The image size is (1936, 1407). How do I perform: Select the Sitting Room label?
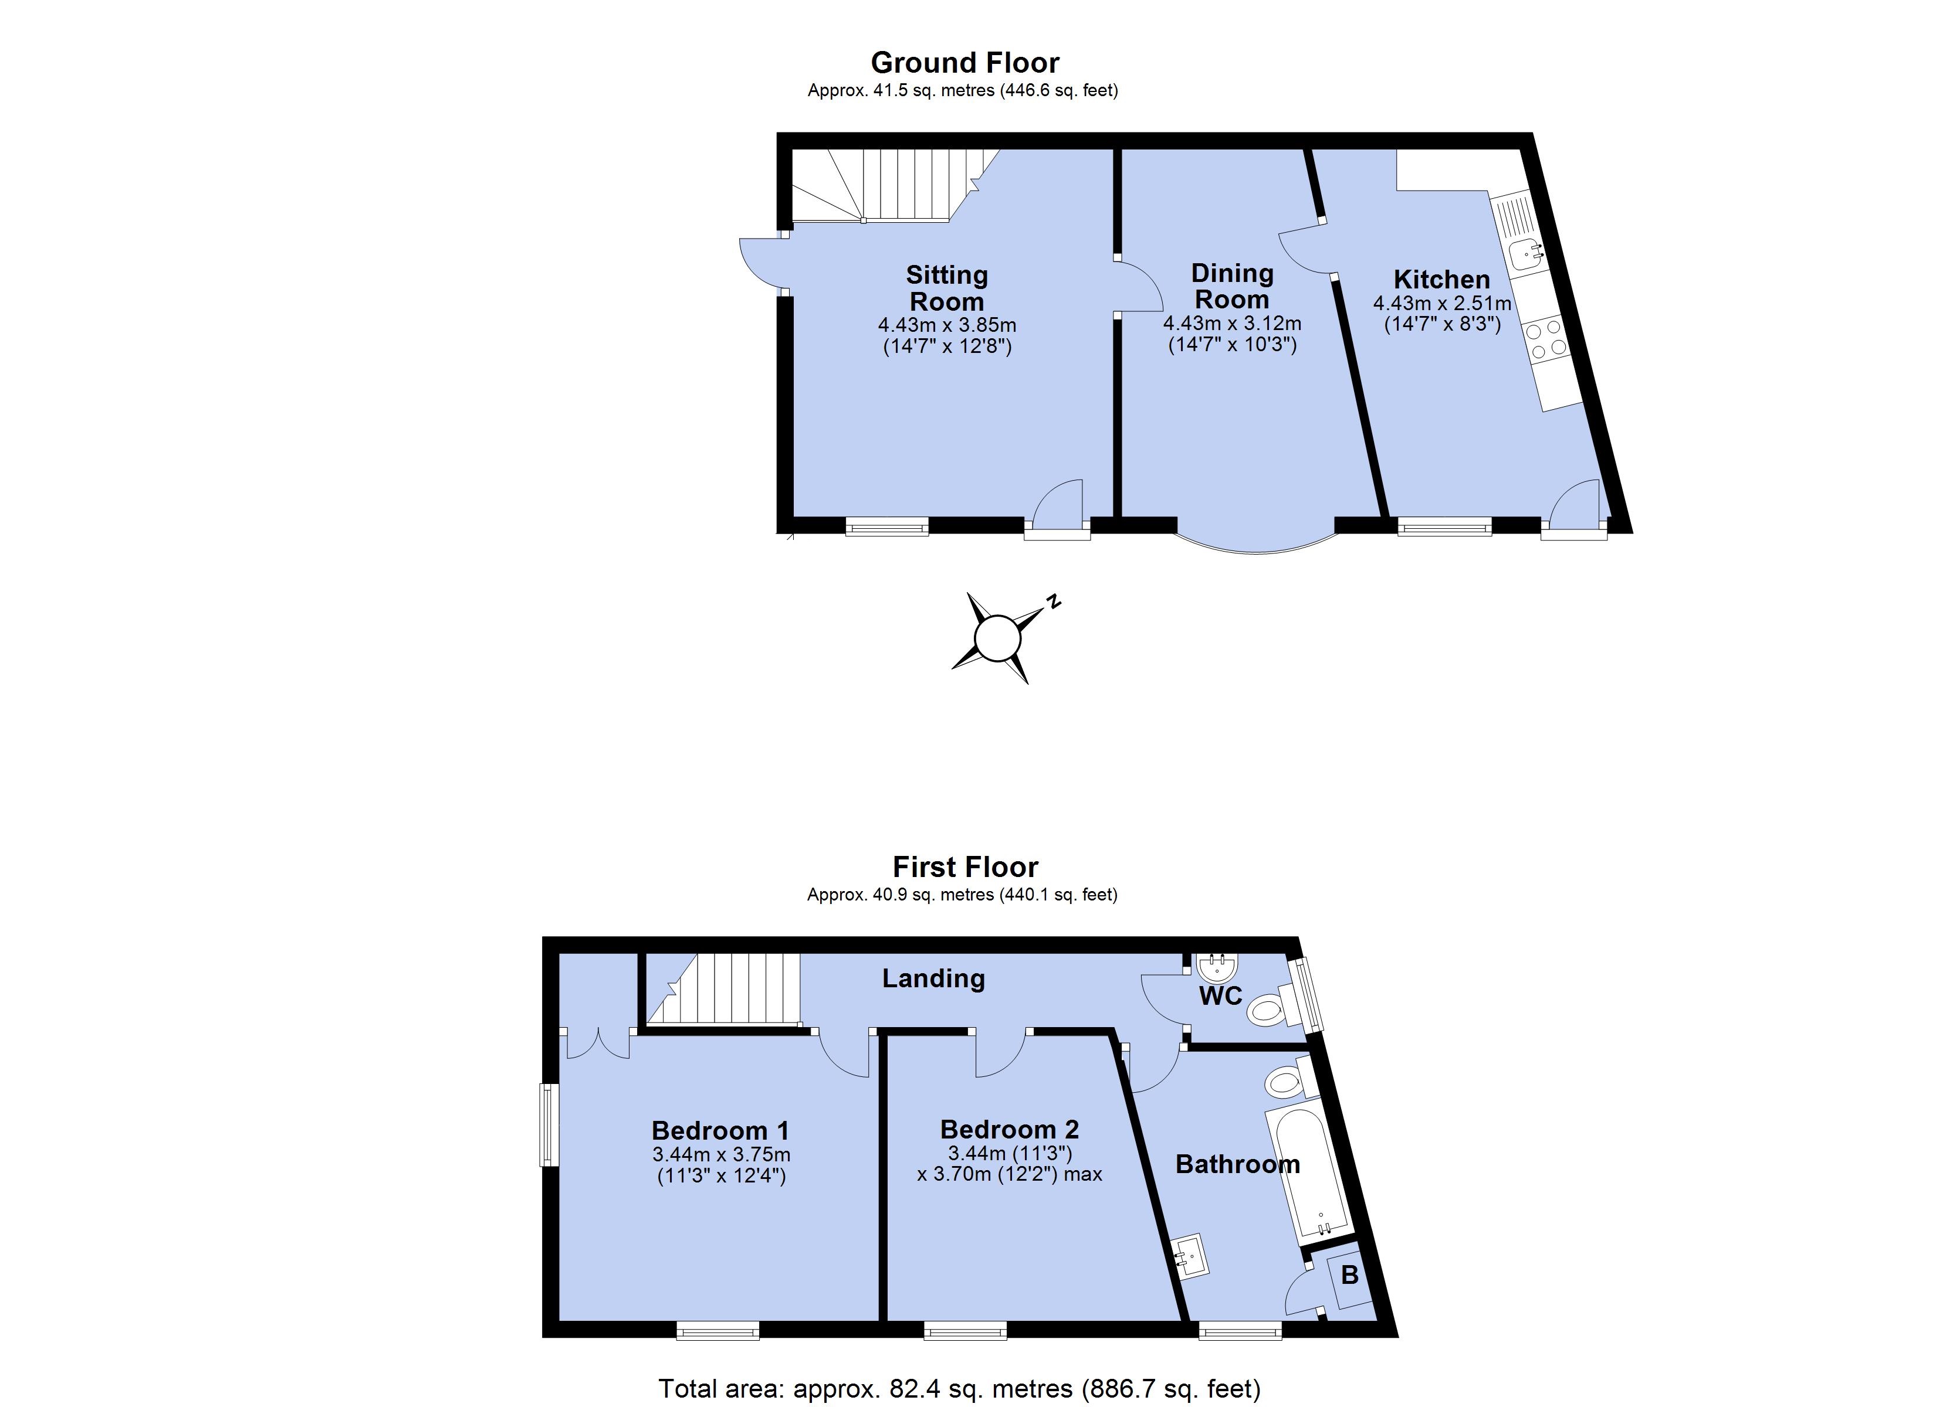pyautogui.click(x=947, y=288)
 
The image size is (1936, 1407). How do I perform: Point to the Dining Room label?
pyautogui.click(x=1232, y=287)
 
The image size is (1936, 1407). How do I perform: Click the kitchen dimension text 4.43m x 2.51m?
pyautogui.click(x=1442, y=304)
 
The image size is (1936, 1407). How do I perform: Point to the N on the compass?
pyautogui.click(x=1054, y=601)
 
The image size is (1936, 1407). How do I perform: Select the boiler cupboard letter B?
pyautogui.click(x=1349, y=1275)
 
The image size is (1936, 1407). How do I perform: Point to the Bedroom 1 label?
pyautogui.click(x=720, y=1130)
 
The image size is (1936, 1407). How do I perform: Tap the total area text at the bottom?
pyautogui.click(x=959, y=1388)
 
